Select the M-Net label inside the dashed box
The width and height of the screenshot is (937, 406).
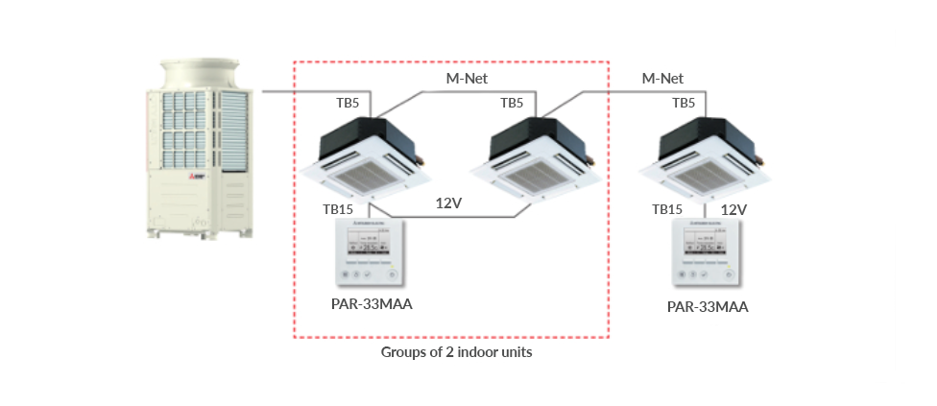(468, 79)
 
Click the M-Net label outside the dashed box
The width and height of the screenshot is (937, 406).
(662, 79)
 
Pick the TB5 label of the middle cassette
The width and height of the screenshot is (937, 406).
(512, 103)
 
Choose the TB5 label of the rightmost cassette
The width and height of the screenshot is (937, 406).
(684, 103)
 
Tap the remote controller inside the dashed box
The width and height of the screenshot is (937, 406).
(370, 253)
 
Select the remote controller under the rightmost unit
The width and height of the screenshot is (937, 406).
(707, 253)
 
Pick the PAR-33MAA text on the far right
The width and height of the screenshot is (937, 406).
(708, 307)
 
